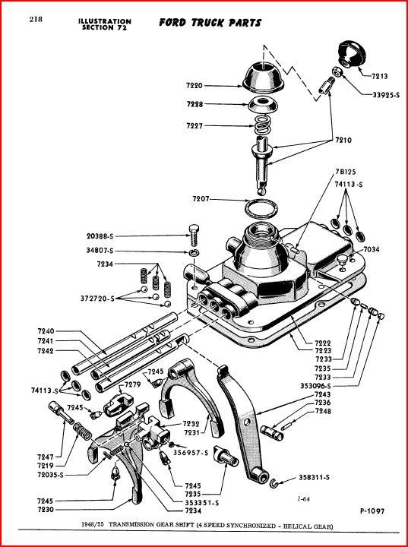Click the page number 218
point(36,19)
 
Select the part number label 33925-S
point(386,94)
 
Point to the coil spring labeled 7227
point(262,125)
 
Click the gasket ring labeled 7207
point(262,208)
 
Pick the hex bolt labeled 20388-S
point(194,236)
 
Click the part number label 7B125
point(346,172)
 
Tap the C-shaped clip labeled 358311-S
point(274,483)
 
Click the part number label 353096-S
point(315,386)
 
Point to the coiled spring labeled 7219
point(82,432)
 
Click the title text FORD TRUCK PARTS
point(210,23)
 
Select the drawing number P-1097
point(372,511)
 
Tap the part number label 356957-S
point(191,453)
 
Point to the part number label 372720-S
point(97,299)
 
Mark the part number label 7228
point(195,104)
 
